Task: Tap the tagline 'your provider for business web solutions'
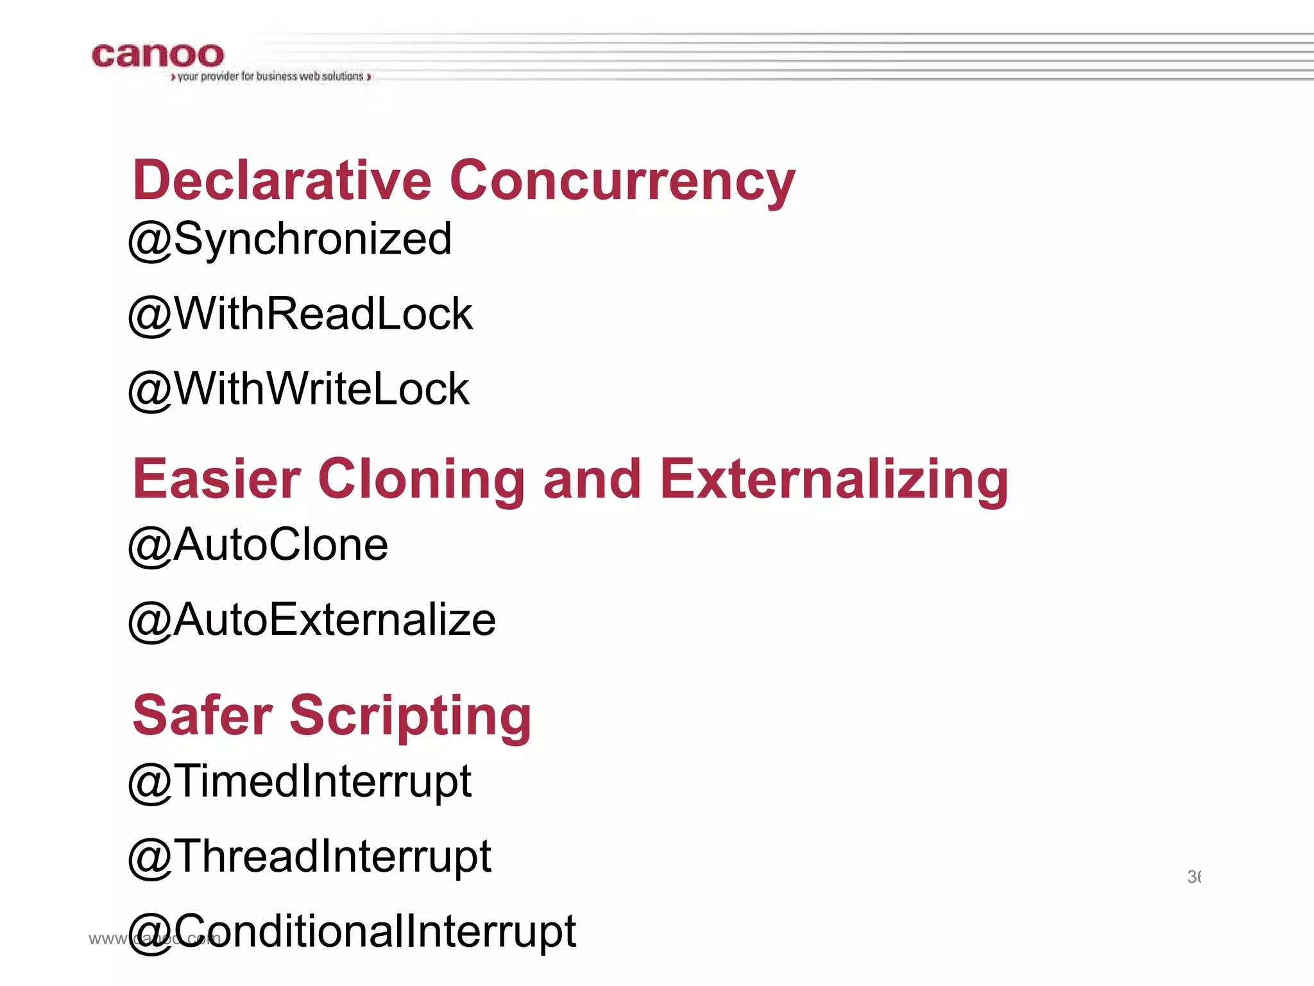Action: [x=270, y=76]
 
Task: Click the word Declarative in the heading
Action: [x=282, y=180]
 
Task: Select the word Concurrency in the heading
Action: [x=622, y=182]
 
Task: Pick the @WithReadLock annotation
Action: [x=300, y=315]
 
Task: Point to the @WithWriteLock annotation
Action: [x=299, y=390]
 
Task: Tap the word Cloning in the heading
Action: [x=422, y=480]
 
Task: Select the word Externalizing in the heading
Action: [x=833, y=480]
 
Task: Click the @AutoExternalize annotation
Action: [x=312, y=621]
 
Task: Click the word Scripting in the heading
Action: [x=411, y=716]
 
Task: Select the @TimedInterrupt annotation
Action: [x=300, y=783]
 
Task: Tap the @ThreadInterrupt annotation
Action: [x=309, y=857]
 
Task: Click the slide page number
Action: [x=1193, y=877]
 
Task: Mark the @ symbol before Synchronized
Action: [x=150, y=241]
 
